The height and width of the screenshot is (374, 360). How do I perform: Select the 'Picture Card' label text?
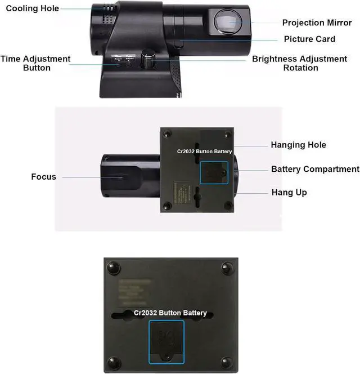click(x=309, y=39)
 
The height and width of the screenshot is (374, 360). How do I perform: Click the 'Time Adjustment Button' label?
click(x=36, y=63)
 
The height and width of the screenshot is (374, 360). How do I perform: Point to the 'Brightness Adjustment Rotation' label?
click(x=299, y=63)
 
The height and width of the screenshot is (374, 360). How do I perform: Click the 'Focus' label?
click(x=43, y=177)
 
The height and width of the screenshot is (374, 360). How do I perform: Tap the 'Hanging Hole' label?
click(x=298, y=145)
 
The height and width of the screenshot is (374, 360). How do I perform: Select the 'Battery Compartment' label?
click(x=315, y=169)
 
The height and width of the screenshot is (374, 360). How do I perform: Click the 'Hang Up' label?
click(x=289, y=193)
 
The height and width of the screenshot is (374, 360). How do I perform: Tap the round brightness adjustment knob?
click(x=150, y=55)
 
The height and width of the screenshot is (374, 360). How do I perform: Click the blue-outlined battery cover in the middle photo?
click(x=214, y=172)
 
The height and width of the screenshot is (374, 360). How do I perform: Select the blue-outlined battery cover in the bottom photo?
click(x=166, y=341)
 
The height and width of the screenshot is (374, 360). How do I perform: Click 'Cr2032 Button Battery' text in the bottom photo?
click(x=170, y=313)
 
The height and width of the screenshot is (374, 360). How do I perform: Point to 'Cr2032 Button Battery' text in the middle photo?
click(x=204, y=152)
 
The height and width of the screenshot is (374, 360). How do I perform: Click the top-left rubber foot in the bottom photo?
click(x=113, y=266)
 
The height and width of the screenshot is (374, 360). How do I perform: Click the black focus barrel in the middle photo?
click(x=129, y=175)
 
